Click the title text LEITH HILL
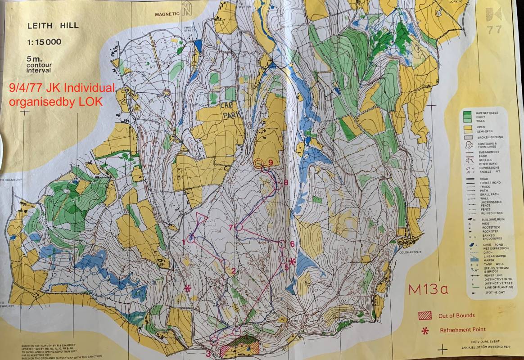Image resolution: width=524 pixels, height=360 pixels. click(52, 26)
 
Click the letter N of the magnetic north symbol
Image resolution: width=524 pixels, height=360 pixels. click(186, 10)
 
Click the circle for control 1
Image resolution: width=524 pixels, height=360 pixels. click(190, 239)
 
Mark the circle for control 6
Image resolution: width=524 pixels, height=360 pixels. click(282, 244)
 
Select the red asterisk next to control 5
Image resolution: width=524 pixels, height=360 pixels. click(292, 262)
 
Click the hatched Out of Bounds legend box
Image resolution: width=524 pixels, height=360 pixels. click(425, 315)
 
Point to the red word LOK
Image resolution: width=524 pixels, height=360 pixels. click(91, 102)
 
